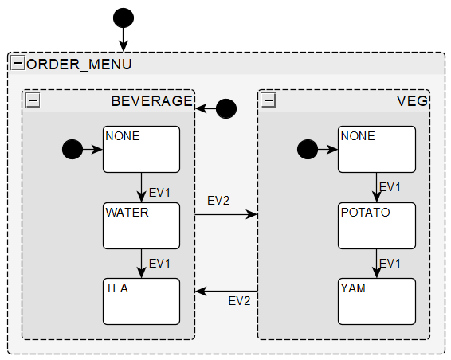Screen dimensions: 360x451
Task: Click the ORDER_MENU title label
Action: pyautogui.click(x=79, y=65)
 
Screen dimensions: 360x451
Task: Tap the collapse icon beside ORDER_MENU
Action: pyautogui.click(x=18, y=64)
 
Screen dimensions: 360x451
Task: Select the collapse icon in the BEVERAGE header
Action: pyautogui.click(x=33, y=100)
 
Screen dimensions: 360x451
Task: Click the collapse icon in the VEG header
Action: pyautogui.click(x=269, y=100)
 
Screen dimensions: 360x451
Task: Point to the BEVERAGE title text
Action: pyautogui.click(x=151, y=101)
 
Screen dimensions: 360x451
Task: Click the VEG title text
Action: pyautogui.click(x=412, y=101)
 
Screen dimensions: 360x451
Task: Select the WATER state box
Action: pyautogui.click(x=141, y=225)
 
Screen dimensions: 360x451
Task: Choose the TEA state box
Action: pyautogui.click(x=141, y=301)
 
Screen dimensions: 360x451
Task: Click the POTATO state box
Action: pyautogui.click(x=376, y=225)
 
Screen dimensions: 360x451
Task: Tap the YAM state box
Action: pyautogui.click(x=376, y=301)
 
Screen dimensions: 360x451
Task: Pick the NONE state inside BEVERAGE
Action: pyautogui.click(x=141, y=149)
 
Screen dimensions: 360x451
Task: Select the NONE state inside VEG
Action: pyautogui.click(x=376, y=149)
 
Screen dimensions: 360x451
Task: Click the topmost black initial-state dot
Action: pyautogui.click(x=123, y=17)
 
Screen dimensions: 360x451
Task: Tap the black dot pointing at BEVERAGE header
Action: pyautogui.click(x=226, y=108)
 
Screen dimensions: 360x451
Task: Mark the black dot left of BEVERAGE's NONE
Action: pyautogui.click(x=72, y=148)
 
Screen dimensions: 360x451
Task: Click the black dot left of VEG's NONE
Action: pyautogui.click(x=307, y=148)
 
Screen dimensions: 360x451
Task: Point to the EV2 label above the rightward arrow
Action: pyautogui.click(x=218, y=200)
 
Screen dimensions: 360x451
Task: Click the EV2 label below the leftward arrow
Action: pyautogui.click(x=239, y=301)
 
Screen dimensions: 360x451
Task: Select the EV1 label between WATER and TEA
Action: pyautogui.click(x=160, y=263)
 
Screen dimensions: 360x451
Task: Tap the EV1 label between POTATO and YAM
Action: pyautogui.click(x=390, y=263)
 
